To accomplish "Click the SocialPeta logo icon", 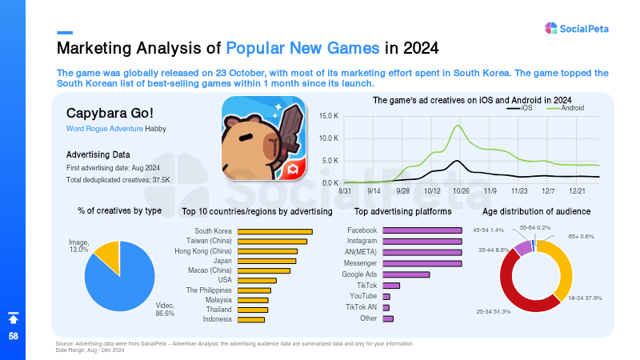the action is [x=551, y=28].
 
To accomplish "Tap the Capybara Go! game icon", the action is [x=264, y=138].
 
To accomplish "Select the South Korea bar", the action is [x=275, y=231].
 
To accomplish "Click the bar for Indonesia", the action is [x=251, y=319].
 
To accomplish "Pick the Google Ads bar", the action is [x=406, y=274].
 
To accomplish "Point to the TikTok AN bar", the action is [x=386, y=307].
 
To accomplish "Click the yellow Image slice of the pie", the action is [x=108, y=255].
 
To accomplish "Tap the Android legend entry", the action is [x=566, y=108].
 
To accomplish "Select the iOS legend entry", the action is [x=519, y=108].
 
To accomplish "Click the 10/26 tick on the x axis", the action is [x=461, y=191].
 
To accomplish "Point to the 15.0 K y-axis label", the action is [x=329, y=116].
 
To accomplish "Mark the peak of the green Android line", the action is [x=458, y=126].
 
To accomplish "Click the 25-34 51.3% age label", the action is [x=494, y=311].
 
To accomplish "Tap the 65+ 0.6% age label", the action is [x=582, y=236].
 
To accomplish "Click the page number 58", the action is [x=14, y=336].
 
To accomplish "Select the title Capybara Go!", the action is [x=110, y=113].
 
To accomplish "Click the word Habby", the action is [x=155, y=129].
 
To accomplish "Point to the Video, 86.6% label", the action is [x=165, y=310].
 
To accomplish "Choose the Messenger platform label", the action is [x=361, y=263].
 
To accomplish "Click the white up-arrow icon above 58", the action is [x=14, y=318].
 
